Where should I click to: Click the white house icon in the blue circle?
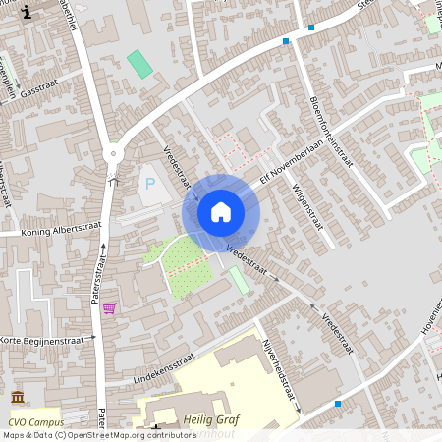[221, 212]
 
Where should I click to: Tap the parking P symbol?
[150, 183]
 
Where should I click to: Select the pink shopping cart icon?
[109, 308]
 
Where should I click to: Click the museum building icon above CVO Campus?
[19, 398]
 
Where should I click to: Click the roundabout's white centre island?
[114, 154]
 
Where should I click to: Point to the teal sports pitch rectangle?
[140, 64]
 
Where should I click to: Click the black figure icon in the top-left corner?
[27, 11]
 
